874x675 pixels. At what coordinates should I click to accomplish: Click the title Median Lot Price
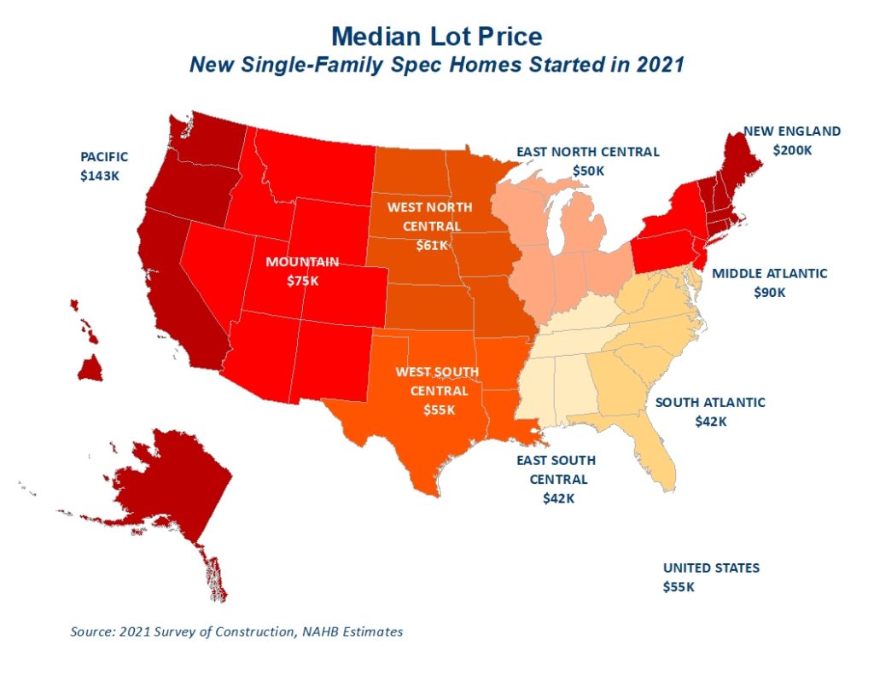tap(436, 37)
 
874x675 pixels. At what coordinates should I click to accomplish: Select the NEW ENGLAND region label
tap(791, 131)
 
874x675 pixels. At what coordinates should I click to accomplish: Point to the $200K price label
tap(793, 149)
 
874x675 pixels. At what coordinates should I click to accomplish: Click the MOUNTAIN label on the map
tap(301, 261)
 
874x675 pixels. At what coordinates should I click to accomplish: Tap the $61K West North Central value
tap(424, 246)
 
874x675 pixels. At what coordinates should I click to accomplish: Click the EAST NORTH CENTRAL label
tap(587, 152)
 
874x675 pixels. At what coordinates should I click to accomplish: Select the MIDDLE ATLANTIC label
tap(769, 274)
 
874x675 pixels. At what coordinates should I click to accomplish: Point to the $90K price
tap(769, 292)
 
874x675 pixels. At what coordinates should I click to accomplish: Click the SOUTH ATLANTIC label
tap(710, 403)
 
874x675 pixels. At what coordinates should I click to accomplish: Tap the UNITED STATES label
tap(711, 568)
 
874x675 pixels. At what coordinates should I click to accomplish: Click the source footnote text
tap(236, 632)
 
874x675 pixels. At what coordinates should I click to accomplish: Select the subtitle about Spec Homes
tap(436, 65)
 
